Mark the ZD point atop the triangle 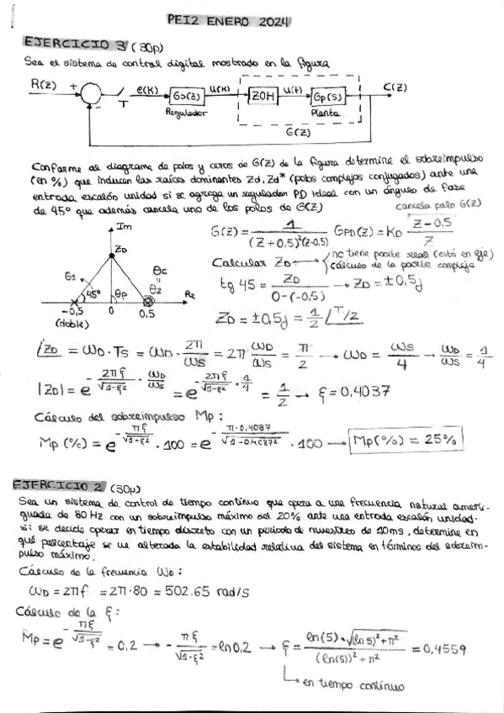pyautogui.click(x=120, y=251)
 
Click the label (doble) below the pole pyautogui.click(x=70, y=323)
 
